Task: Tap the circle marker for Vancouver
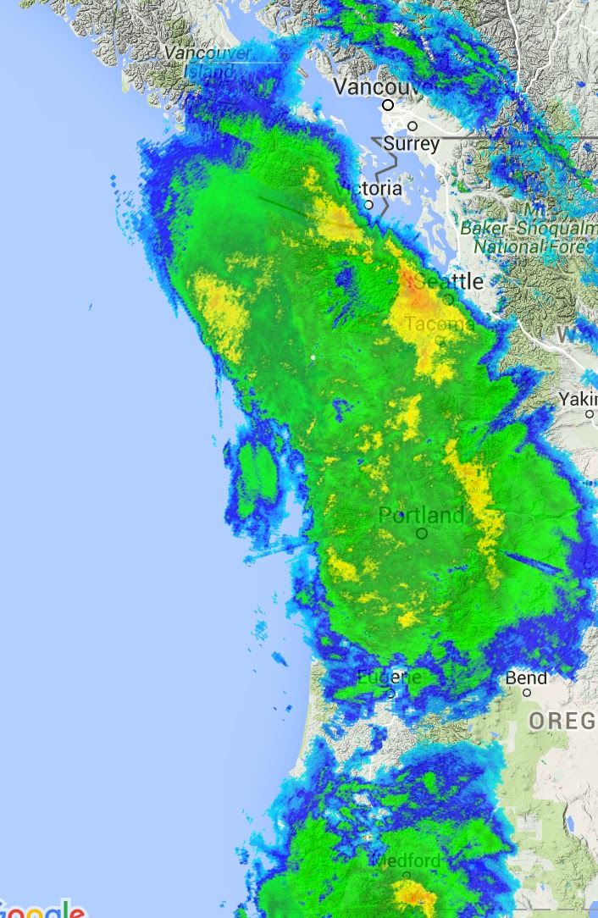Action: point(388,105)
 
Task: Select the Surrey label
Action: point(412,144)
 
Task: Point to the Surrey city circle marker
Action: point(413,126)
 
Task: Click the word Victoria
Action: point(369,187)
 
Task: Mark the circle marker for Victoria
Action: point(368,204)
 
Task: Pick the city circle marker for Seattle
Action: point(448,298)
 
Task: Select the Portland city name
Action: point(421,515)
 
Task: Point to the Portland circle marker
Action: point(422,534)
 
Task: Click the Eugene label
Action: point(389,677)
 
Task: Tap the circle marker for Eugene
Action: point(391,693)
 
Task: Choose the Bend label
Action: point(526,677)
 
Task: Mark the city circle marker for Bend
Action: point(526,693)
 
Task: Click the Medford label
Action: point(407,861)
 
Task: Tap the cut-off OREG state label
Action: point(562,721)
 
